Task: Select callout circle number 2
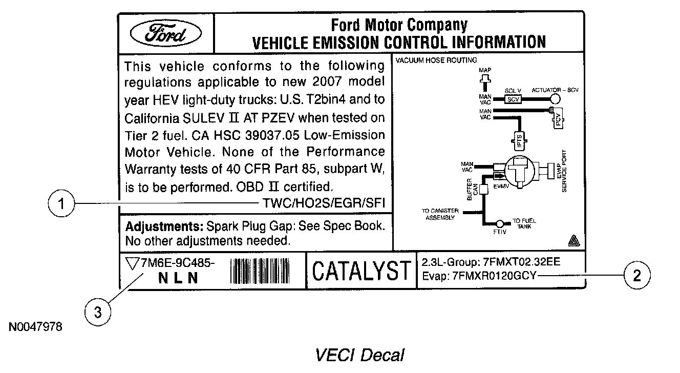click(x=637, y=276)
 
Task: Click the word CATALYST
click(x=362, y=271)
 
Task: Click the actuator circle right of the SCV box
click(x=555, y=99)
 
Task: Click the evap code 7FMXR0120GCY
click(x=495, y=276)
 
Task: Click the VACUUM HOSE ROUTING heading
click(x=436, y=60)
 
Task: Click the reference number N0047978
click(x=35, y=326)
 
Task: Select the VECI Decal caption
click(x=359, y=355)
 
